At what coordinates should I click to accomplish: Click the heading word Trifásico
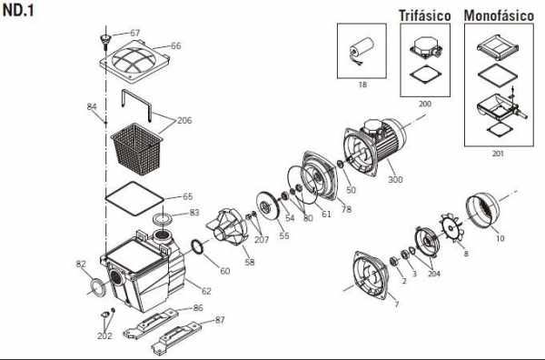(424, 15)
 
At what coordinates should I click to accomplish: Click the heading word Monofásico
(499, 15)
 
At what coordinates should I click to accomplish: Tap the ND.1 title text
(18, 11)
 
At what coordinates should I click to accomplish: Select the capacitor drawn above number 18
(362, 50)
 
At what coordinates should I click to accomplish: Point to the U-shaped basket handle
(136, 105)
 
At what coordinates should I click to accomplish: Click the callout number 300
(395, 179)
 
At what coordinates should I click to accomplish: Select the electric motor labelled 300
(374, 146)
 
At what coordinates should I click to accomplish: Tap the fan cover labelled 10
(482, 211)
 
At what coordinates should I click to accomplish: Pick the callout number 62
(206, 291)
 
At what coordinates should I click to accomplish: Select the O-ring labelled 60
(198, 247)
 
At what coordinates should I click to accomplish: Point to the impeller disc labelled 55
(267, 206)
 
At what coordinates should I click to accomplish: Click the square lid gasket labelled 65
(134, 198)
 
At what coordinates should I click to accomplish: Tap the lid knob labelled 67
(105, 39)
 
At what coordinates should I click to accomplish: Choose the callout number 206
(184, 120)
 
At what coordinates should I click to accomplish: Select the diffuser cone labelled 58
(228, 226)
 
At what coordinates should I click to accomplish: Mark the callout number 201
(498, 154)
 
